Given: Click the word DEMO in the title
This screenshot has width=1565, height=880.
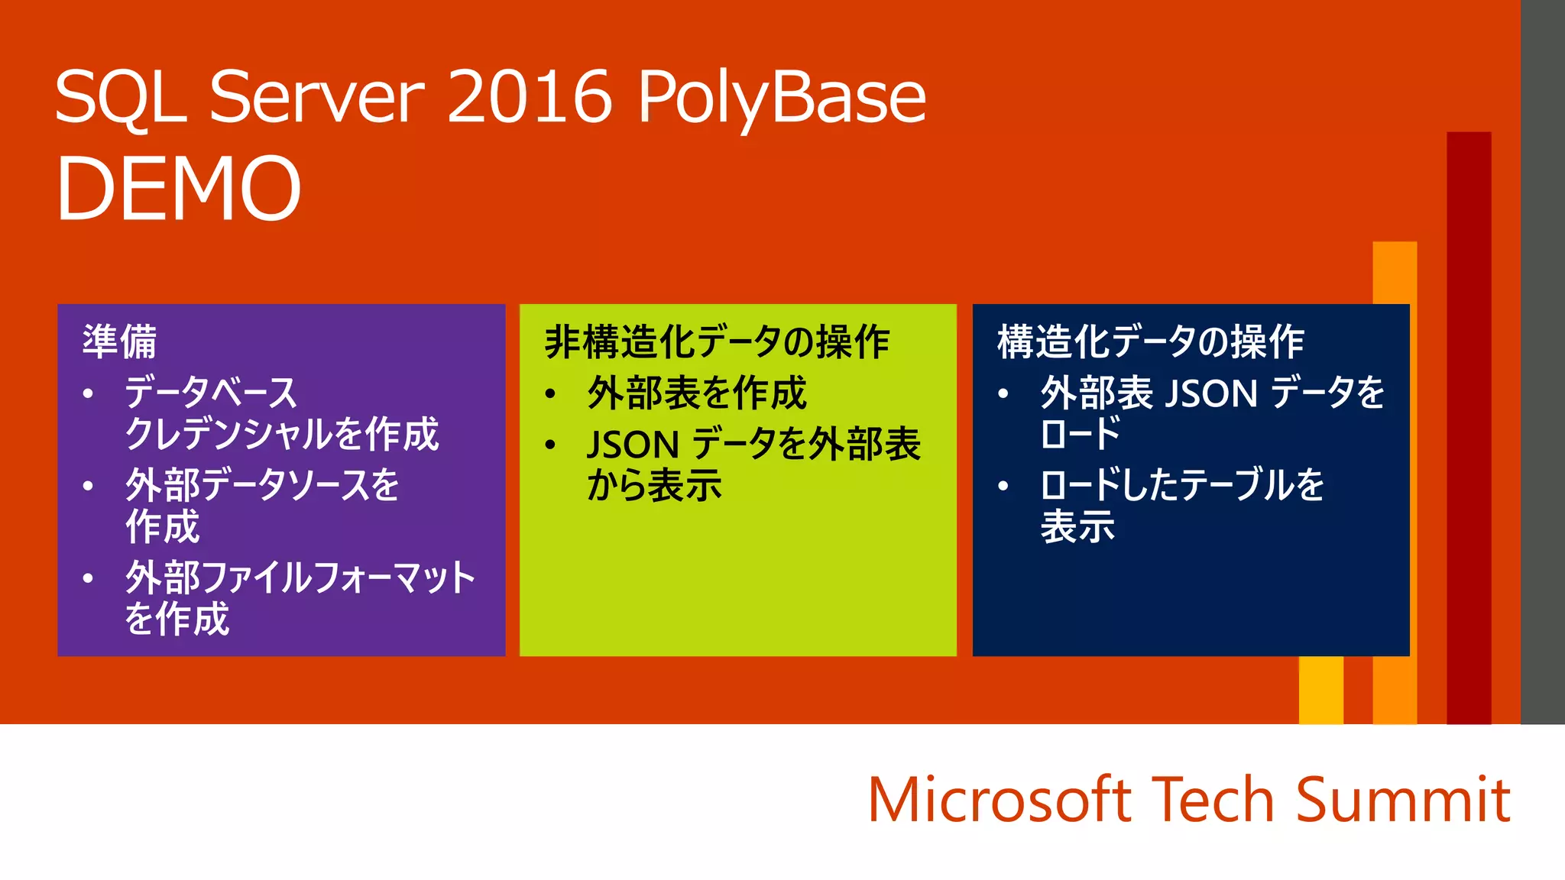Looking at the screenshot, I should click(179, 188).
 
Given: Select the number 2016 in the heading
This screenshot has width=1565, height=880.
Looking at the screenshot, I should click(530, 96).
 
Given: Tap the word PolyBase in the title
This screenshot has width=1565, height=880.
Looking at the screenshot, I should click(782, 98).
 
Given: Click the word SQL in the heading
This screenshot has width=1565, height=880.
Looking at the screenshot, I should click(121, 98).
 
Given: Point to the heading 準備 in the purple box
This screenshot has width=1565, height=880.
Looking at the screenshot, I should click(119, 341).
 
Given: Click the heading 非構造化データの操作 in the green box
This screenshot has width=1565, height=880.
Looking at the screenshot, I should click(717, 341).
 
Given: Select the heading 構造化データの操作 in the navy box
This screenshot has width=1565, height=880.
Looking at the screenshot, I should click(1150, 341).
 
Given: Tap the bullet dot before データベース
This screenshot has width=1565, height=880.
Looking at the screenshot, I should click(89, 394).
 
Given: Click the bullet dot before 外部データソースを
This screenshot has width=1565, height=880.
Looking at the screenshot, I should click(89, 486).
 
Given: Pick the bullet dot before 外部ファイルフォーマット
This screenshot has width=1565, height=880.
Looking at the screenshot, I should click(89, 578).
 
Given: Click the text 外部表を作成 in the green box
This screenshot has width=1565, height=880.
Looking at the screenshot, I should click(696, 393).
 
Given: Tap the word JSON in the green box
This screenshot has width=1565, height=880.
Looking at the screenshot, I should click(633, 445).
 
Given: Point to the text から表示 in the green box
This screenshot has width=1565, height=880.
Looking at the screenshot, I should click(654, 486).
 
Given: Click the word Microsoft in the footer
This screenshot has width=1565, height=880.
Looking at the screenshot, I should click(1000, 800).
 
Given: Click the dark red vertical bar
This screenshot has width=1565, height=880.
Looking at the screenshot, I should click(1469, 428).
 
